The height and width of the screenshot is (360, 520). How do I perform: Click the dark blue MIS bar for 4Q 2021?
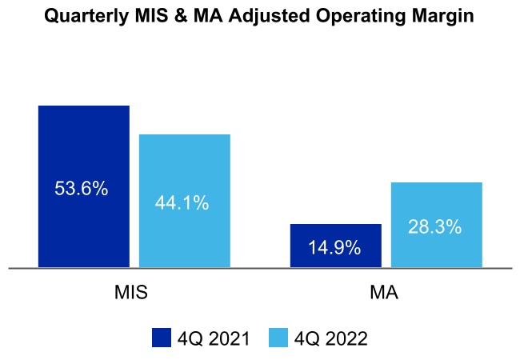(x=83, y=144)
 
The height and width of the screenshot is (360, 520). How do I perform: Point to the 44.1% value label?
(x=182, y=203)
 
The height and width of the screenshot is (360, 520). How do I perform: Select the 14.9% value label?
(x=334, y=248)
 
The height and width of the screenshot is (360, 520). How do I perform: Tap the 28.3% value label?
(x=434, y=227)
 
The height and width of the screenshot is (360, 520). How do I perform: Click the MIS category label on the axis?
(x=131, y=292)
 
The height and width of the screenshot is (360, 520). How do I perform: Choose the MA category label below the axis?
(x=384, y=292)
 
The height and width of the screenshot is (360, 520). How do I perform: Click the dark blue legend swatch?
(x=162, y=338)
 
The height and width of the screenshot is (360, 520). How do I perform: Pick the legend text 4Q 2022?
(x=330, y=338)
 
